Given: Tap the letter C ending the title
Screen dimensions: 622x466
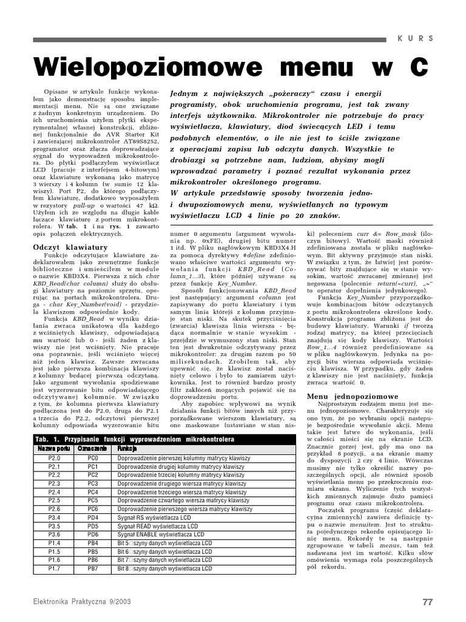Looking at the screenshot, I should [x=418, y=67].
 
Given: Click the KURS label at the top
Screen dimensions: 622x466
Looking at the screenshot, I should [x=416, y=38].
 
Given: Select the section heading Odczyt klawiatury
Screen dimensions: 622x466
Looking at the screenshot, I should [x=70, y=247].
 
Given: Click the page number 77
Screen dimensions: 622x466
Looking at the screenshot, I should [x=427, y=602].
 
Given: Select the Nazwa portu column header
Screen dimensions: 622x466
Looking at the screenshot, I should [x=54, y=448].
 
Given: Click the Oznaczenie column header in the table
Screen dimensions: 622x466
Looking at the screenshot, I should [x=93, y=448].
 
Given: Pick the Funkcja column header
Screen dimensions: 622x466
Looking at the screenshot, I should [x=128, y=448].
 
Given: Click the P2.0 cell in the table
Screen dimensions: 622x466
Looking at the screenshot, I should [x=54, y=457].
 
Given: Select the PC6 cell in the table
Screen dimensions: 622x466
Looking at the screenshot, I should [x=93, y=508].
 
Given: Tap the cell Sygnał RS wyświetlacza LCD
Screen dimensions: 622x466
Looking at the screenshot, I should [x=158, y=517].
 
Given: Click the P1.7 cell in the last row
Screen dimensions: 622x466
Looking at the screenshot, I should [x=54, y=568].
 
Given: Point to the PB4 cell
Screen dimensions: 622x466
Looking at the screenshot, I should [x=93, y=542].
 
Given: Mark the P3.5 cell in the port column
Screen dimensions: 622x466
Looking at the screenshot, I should [x=54, y=525].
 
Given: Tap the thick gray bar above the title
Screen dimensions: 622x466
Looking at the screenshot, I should [x=209, y=39].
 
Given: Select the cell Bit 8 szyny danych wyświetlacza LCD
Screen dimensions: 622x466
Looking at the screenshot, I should [x=165, y=568].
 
